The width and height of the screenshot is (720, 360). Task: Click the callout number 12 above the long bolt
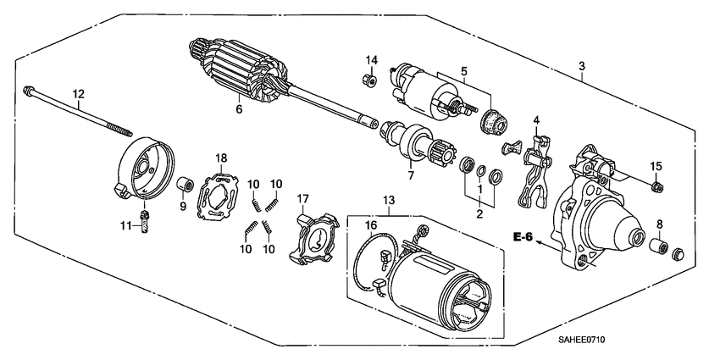point(78,94)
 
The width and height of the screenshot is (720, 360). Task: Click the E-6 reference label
point(523,237)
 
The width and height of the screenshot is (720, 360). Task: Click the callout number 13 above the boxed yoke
point(389,199)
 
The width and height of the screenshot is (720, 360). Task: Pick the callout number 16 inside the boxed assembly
point(369,225)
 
